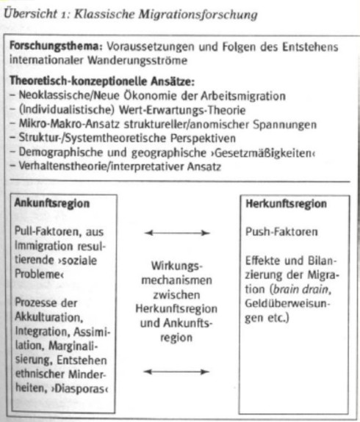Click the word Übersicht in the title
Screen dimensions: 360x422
[x=30, y=13]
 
